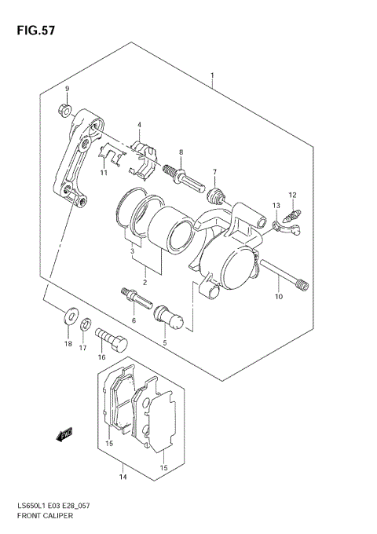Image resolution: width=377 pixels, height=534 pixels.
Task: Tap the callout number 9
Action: tap(67, 88)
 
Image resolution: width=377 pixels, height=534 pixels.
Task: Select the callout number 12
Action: tap(291, 195)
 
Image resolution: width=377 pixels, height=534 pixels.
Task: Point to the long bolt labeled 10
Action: tap(280, 274)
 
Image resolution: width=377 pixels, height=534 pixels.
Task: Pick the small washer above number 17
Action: tap(87, 323)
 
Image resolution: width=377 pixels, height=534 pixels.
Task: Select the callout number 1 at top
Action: tap(212, 76)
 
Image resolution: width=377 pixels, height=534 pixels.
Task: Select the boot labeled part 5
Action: tap(169, 317)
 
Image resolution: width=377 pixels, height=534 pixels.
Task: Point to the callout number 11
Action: tap(103, 172)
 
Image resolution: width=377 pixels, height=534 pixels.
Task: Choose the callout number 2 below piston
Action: tap(145, 280)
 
